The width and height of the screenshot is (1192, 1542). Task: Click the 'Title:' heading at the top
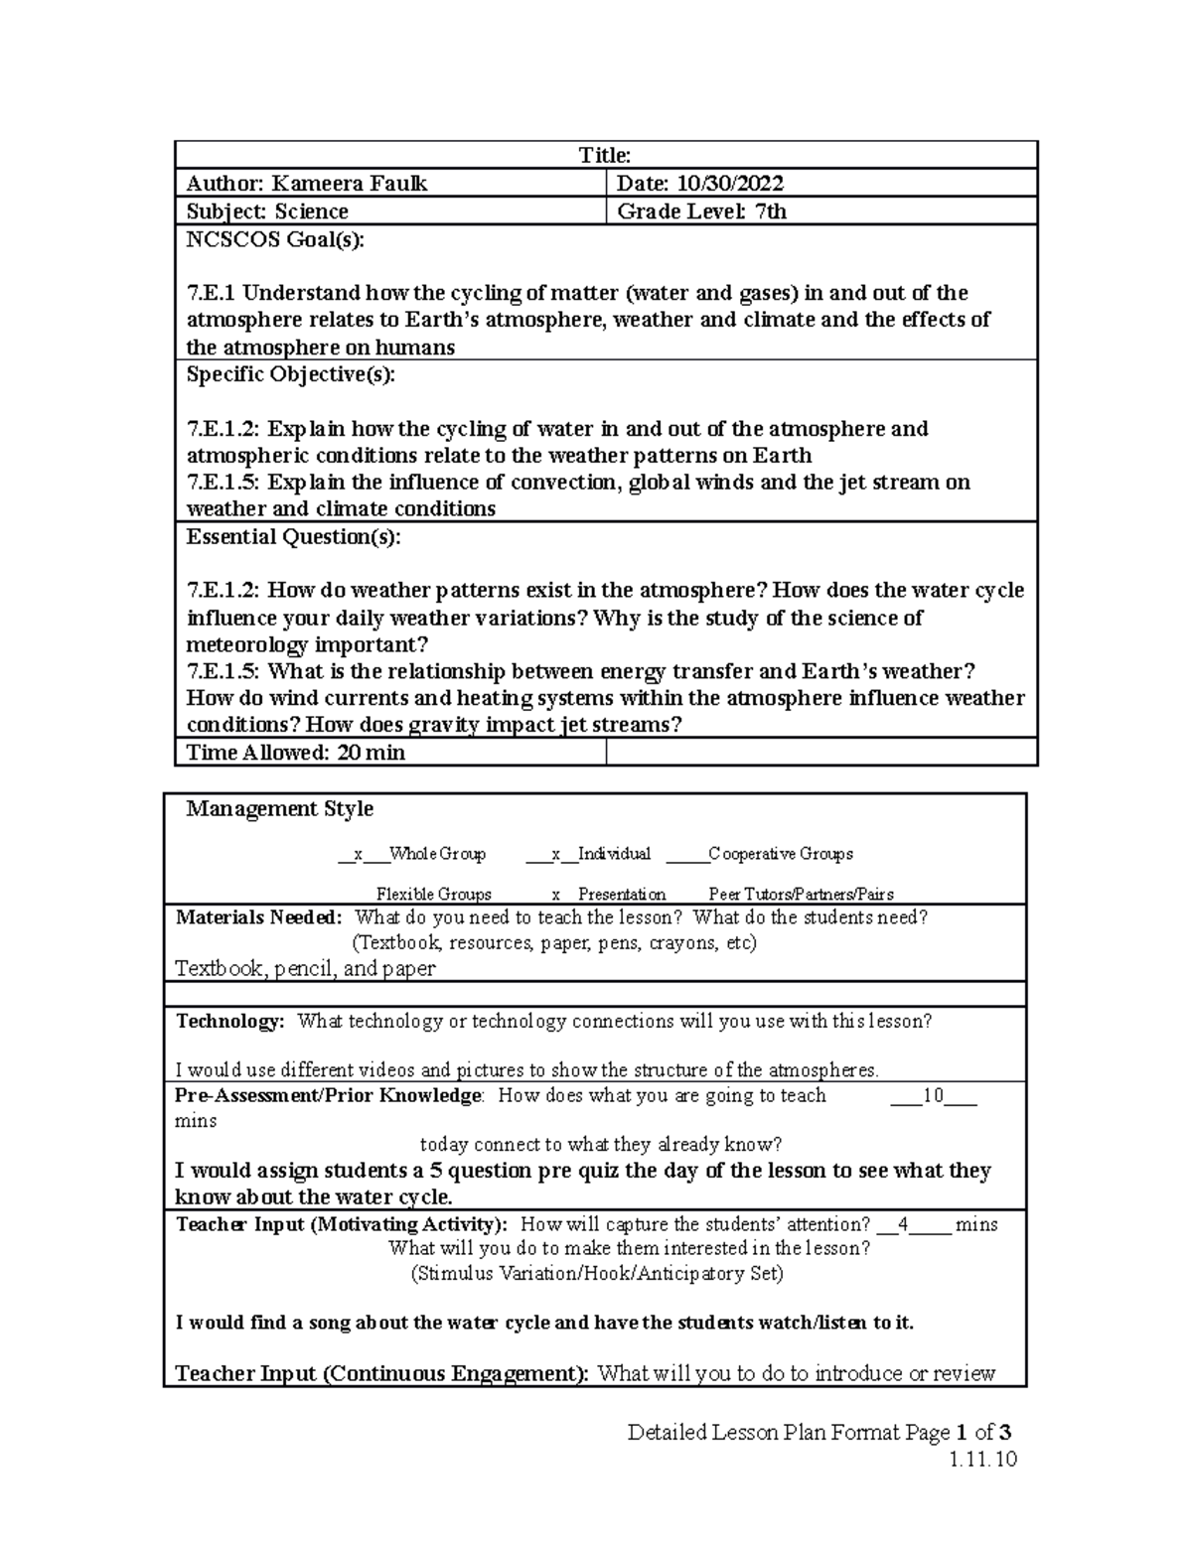(605, 155)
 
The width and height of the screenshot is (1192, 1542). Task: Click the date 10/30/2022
(730, 184)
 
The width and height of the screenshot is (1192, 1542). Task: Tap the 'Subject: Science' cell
(267, 211)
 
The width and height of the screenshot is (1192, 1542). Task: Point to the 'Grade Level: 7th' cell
(701, 211)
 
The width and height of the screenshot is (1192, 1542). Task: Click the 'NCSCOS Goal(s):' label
(275, 239)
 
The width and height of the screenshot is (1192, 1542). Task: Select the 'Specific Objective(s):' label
(290, 374)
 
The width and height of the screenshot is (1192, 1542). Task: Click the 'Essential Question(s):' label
(294, 537)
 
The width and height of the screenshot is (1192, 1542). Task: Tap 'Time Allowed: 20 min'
(295, 753)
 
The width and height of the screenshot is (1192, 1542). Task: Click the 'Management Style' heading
(280, 809)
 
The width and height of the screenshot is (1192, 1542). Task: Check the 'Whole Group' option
(437, 854)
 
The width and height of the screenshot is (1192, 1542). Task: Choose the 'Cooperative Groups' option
(780, 854)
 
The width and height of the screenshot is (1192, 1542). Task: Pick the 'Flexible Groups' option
(433, 894)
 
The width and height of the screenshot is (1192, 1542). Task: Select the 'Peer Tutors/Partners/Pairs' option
(801, 894)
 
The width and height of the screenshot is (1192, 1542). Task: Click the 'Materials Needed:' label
(258, 917)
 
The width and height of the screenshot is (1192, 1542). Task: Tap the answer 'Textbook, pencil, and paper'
(305, 968)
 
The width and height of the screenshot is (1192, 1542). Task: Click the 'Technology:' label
(229, 1021)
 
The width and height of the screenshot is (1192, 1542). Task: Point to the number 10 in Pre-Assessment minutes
(933, 1096)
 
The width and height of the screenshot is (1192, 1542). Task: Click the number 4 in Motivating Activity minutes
(902, 1224)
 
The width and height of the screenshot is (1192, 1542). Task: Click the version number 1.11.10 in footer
(982, 1460)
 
